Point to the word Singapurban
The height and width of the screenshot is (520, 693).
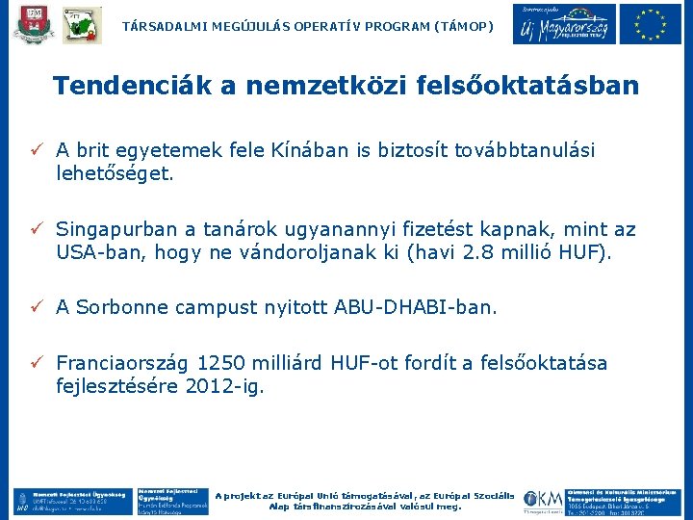(x=116, y=230)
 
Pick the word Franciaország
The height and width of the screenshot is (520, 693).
(x=122, y=363)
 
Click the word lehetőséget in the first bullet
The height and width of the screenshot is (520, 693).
(x=115, y=174)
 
